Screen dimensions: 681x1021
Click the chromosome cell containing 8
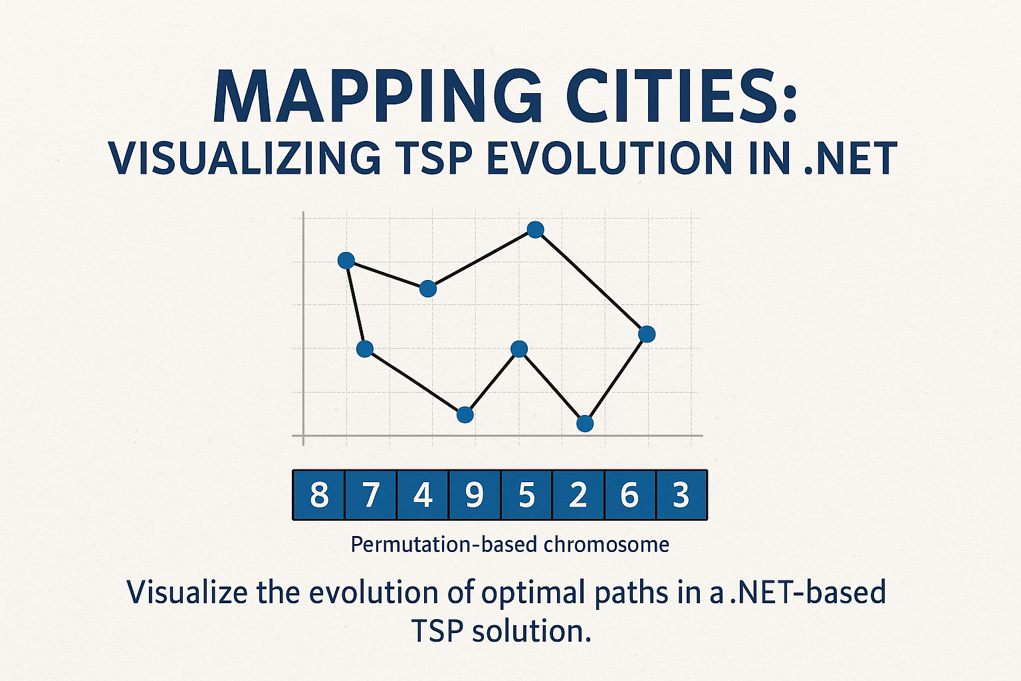319,495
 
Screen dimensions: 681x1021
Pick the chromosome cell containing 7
371,495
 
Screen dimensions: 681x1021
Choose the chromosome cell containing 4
423,495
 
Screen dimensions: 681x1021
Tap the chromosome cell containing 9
475,495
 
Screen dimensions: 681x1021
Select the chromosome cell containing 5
526,495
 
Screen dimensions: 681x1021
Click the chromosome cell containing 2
578,495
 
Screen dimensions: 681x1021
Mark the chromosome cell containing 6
630,495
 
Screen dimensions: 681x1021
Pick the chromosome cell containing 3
681,495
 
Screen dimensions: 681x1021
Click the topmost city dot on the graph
535,229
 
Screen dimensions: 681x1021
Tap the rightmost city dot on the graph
647,334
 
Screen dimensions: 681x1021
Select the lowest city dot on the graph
585,423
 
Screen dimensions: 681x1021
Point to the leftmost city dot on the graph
346,260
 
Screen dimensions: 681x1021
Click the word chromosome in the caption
606,545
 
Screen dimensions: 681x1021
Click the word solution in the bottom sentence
532,630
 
